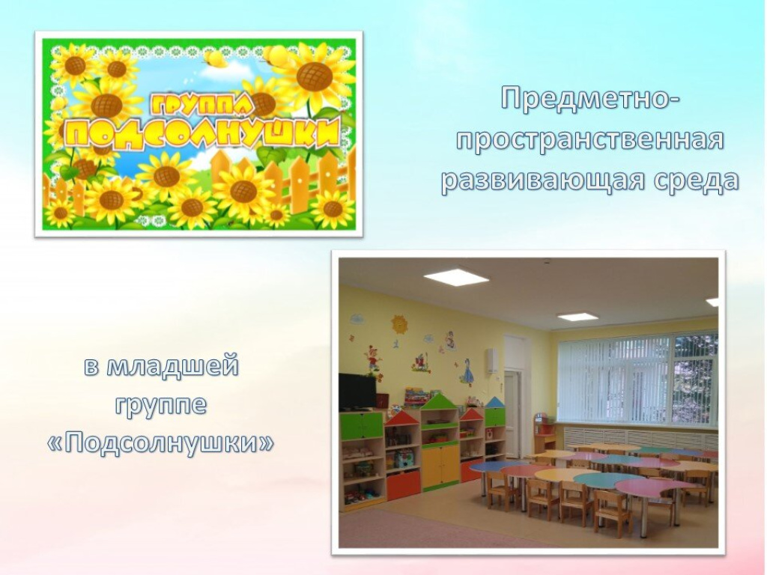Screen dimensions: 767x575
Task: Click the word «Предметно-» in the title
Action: coord(590,100)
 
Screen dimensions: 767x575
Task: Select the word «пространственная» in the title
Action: coord(590,142)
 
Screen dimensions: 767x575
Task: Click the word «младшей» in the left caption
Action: coord(173,366)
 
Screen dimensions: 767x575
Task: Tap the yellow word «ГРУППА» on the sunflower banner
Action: coord(201,105)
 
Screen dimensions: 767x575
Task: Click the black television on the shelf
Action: coord(357,392)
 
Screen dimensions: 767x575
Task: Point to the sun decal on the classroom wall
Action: coord(399,324)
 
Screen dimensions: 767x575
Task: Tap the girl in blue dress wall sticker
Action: coord(467,371)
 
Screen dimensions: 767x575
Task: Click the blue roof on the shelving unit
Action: coord(494,402)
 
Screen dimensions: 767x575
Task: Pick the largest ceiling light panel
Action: coord(456,278)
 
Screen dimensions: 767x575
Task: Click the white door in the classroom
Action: coord(512,413)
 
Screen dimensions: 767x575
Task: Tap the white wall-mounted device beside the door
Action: coord(492,361)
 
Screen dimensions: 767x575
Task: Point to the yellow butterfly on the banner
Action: coord(214,58)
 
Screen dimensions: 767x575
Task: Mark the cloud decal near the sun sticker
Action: coord(356,319)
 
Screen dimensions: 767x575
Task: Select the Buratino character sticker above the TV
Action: coord(373,360)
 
